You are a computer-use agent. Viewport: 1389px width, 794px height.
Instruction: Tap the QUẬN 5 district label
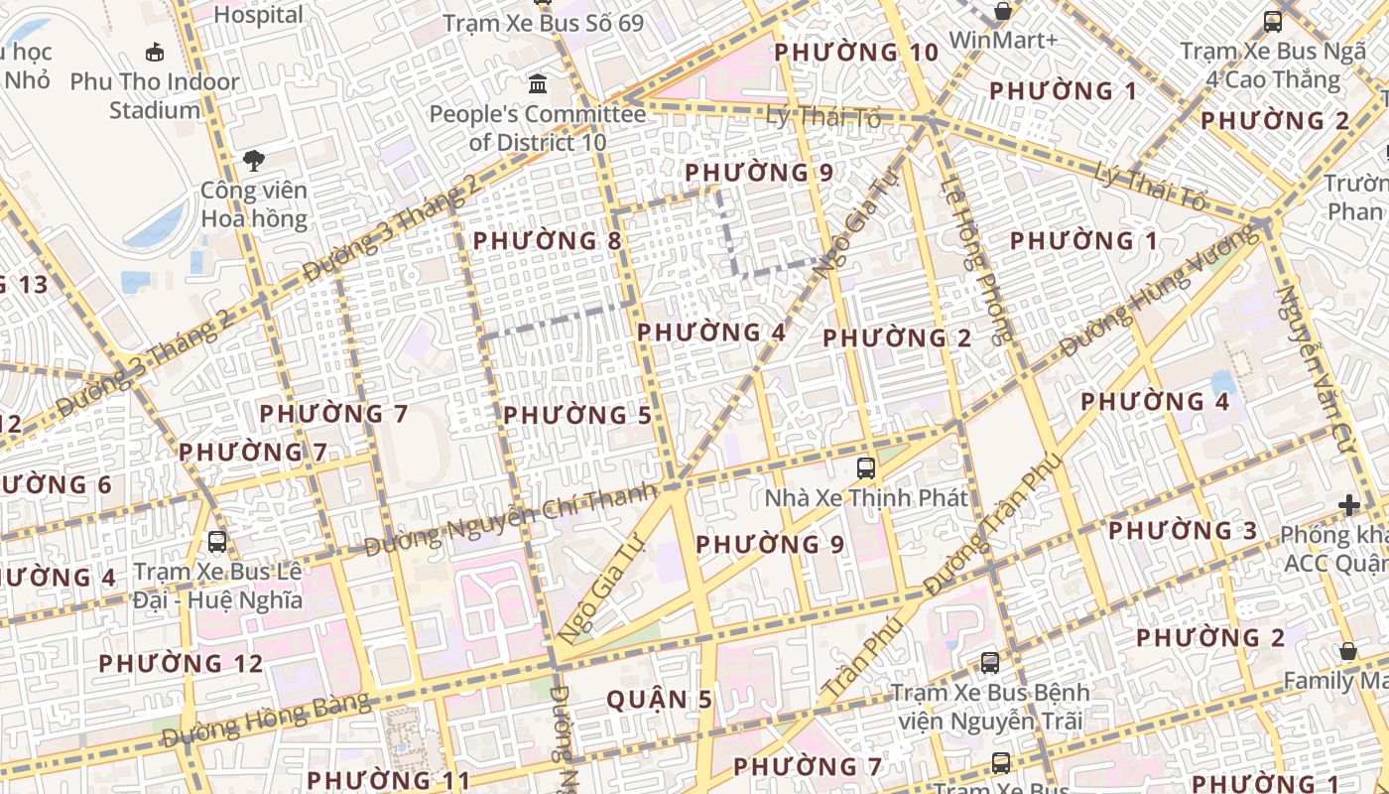(659, 700)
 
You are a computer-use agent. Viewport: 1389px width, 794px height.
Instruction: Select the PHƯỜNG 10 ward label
(855, 53)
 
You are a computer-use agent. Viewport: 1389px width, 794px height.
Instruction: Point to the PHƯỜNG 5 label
(577, 416)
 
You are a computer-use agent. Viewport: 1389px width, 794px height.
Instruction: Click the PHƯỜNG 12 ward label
(181, 663)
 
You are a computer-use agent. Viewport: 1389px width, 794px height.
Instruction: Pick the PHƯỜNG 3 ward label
(1183, 531)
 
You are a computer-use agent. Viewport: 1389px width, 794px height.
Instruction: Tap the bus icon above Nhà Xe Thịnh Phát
(865, 467)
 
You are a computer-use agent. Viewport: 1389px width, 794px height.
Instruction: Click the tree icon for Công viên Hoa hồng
(254, 160)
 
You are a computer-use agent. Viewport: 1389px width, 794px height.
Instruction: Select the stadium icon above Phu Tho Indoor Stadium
(155, 52)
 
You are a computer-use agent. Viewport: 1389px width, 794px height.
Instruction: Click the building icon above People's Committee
(538, 83)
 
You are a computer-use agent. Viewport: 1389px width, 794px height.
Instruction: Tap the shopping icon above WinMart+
(1003, 12)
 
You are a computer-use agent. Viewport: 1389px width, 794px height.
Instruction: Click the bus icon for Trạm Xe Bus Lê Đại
(217, 541)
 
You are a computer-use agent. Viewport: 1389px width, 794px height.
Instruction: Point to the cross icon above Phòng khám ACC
(1348, 505)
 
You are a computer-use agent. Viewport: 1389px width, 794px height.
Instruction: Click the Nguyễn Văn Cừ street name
(1316, 370)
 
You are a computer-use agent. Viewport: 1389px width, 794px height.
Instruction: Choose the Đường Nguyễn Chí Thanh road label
(511, 520)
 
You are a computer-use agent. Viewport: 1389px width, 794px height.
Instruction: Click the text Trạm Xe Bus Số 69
(543, 23)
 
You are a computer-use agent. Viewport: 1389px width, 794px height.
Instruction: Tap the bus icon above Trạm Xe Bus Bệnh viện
(989, 662)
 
